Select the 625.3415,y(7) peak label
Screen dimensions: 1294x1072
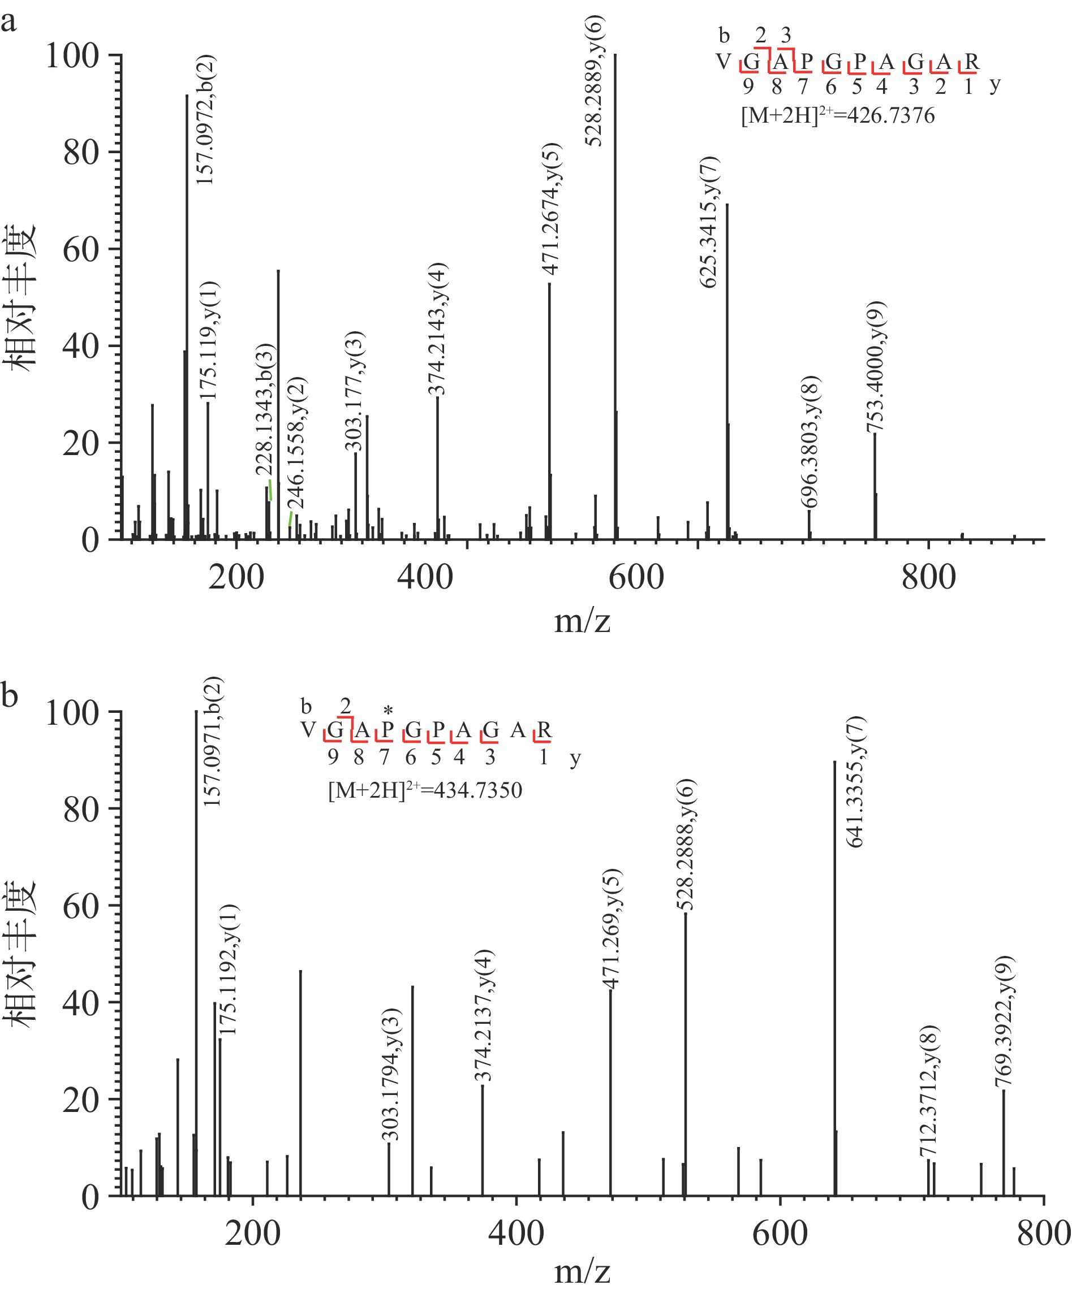coord(709,222)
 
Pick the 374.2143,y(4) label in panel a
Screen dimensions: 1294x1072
coord(438,328)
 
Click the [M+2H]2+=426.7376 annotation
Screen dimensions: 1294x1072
coord(837,115)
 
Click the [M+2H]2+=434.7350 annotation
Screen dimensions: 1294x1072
coord(424,790)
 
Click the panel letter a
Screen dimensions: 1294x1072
coord(9,23)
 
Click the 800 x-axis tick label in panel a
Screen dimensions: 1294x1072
coord(928,578)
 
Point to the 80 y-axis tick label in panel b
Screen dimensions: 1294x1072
coord(81,810)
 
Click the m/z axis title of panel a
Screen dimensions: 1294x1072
coord(582,621)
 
